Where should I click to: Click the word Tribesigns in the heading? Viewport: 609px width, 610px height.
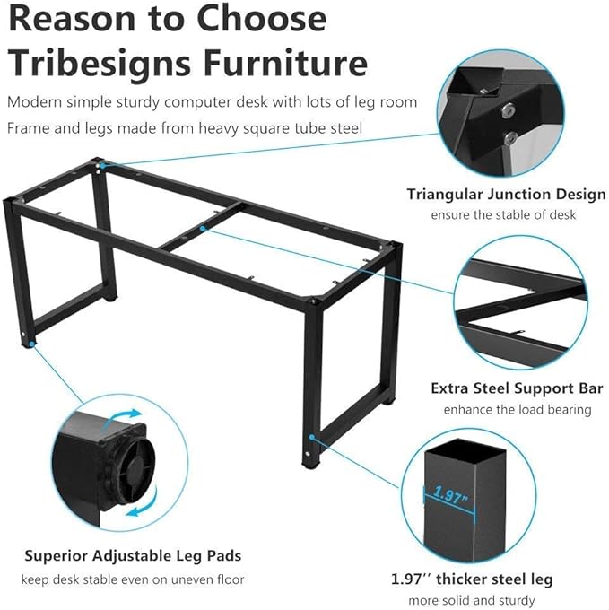pyautogui.click(x=100, y=65)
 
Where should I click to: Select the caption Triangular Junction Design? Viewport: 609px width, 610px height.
pyautogui.click(x=507, y=195)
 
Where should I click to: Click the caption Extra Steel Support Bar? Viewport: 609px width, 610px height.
pyautogui.click(x=517, y=388)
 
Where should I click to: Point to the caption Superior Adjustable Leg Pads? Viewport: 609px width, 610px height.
pyautogui.click(x=133, y=556)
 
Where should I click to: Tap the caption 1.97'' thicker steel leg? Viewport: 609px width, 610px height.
pyautogui.click(x=472, y=579)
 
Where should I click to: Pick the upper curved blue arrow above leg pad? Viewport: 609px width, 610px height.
pyautogui.click(x=124, y=417)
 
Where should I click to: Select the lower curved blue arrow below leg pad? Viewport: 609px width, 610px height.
pyautogui.click(x=144, y=504)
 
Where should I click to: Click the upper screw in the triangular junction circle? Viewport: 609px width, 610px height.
pyautogui.click(x=507, y=110)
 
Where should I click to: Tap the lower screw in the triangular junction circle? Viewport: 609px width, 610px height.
pyautogui.click(x=510, y=138)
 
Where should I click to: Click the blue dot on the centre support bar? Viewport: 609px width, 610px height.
pyautogui.click(x=202, y=229)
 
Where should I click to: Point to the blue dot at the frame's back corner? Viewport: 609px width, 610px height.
pyautogui.click(x=103, y=166)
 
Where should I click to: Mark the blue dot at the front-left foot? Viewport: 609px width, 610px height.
pyautogui.click(x=30, y=344)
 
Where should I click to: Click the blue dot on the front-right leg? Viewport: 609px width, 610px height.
pyautogui.click(x=312, y=437)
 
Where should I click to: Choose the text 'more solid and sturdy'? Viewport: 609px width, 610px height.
pyautogui.click(x=472, y=600)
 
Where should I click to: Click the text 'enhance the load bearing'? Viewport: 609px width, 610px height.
pyautogui.click(x=518, y=409)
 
